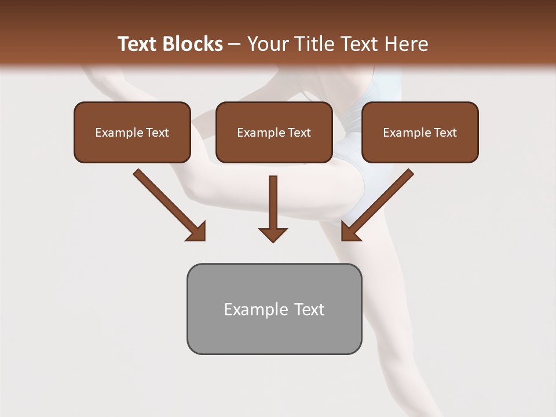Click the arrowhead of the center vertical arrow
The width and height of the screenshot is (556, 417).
click(273, 235)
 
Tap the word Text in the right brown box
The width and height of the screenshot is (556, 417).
click(445, 133)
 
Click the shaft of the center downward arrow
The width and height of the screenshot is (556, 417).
click(273, 200)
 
